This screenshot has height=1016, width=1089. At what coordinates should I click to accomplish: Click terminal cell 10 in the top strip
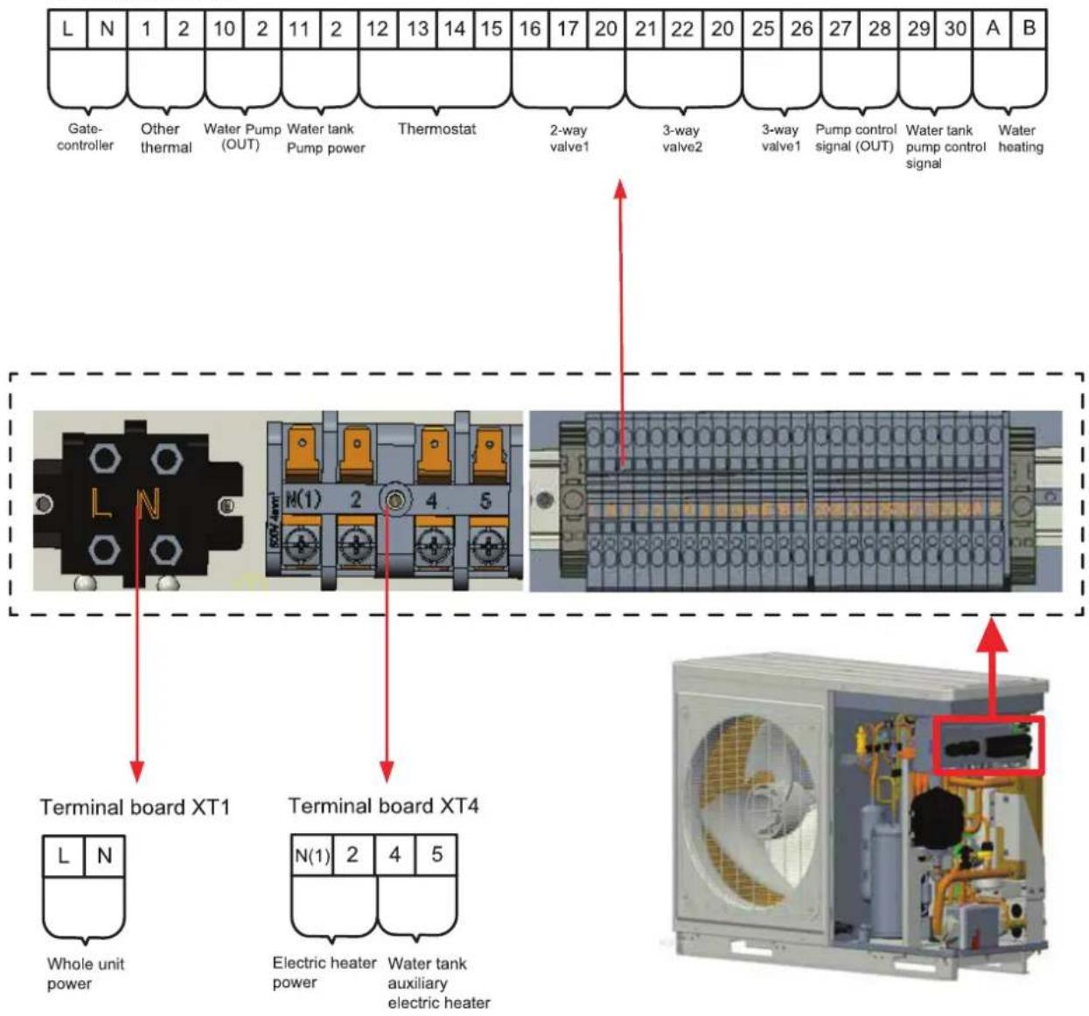point(224,29)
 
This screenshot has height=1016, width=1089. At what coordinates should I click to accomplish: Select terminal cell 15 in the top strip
point(492,29)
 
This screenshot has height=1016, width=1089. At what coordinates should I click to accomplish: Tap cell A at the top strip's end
point(992,29)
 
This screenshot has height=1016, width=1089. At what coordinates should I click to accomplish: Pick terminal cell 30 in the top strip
point(954,29)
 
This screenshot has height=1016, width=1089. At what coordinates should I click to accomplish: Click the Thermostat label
point(436,129)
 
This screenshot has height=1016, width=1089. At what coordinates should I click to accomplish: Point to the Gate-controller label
point(85,137)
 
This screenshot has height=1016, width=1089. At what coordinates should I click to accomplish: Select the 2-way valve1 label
point(569,138)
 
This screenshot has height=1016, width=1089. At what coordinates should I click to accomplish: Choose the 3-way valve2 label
point(682,138)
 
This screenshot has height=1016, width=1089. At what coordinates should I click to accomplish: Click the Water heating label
point(1020,138)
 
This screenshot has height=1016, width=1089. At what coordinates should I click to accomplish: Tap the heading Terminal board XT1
point(135,807)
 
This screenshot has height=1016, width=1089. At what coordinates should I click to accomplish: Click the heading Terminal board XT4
point(383,806)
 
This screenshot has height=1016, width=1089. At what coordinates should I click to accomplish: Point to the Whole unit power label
point(86,973)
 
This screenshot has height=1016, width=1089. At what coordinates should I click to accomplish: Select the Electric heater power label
point(324,972)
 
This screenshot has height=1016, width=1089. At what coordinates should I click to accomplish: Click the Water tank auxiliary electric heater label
point(439,983)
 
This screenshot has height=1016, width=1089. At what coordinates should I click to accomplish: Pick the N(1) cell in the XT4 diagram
point(312,855)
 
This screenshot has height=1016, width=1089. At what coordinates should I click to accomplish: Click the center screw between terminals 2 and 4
point(393,499)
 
